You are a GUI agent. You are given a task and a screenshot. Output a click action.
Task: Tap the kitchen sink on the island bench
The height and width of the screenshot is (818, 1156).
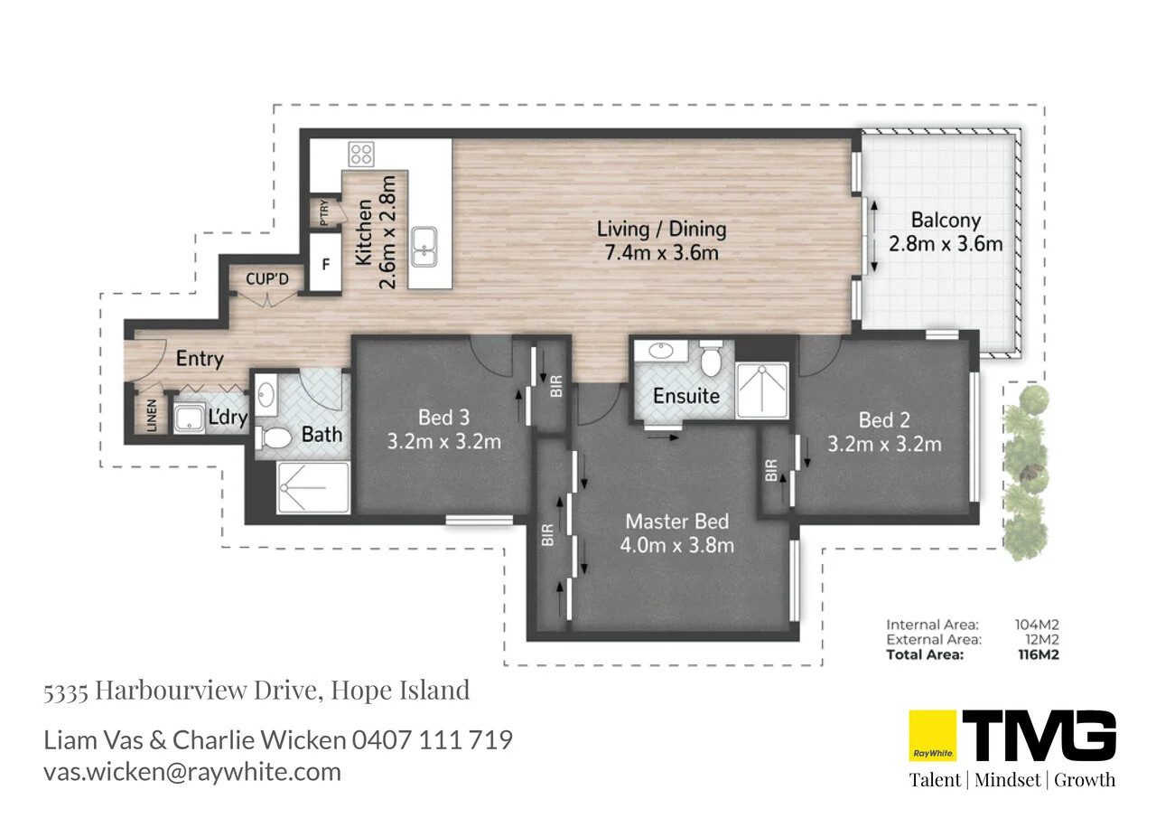point(423,247)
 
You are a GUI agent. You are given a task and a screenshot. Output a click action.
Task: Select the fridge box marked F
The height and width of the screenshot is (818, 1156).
point(325,266)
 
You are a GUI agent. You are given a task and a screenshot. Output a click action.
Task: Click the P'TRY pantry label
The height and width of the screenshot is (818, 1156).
point(324,213)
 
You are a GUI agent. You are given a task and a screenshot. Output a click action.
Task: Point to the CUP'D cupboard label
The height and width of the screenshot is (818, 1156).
point(267,279)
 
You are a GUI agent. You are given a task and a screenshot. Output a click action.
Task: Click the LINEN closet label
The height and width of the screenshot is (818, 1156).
point(151,416)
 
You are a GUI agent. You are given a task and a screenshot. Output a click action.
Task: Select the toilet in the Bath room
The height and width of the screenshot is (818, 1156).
point(275,438)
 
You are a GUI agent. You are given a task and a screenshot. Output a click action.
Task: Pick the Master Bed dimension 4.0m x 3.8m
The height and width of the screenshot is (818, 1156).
point(676,545)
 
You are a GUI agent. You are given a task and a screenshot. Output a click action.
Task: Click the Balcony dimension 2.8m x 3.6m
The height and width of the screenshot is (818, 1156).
point(946,244)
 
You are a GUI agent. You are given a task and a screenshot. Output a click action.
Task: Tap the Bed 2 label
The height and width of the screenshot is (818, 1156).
point(884,419)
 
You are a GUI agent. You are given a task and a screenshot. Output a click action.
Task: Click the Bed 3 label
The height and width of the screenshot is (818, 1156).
point(443,418)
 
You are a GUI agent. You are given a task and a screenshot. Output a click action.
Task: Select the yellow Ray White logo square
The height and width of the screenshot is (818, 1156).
point(931,736)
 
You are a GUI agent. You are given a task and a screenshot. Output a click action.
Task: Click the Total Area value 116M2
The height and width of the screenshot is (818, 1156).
point(1035,654)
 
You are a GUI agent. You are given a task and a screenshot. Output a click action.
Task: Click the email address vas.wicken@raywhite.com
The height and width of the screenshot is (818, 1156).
point(192,772)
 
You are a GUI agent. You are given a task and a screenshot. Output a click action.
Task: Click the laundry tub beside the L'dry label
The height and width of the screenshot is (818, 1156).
point(191,418)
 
